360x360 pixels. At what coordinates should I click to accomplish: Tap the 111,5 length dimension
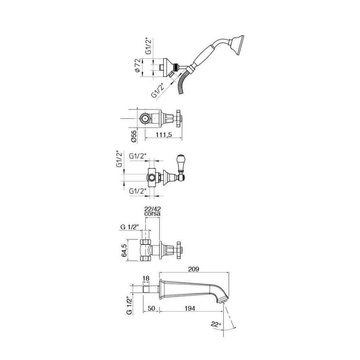[164, 135]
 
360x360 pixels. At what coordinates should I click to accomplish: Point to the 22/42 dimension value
[152, 209]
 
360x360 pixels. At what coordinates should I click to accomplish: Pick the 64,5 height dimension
[125, 250]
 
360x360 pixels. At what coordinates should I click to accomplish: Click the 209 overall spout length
[194, 269]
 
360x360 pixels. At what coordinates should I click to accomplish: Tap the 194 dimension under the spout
[189, 308]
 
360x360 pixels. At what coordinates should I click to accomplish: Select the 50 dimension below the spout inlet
[151, 308]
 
